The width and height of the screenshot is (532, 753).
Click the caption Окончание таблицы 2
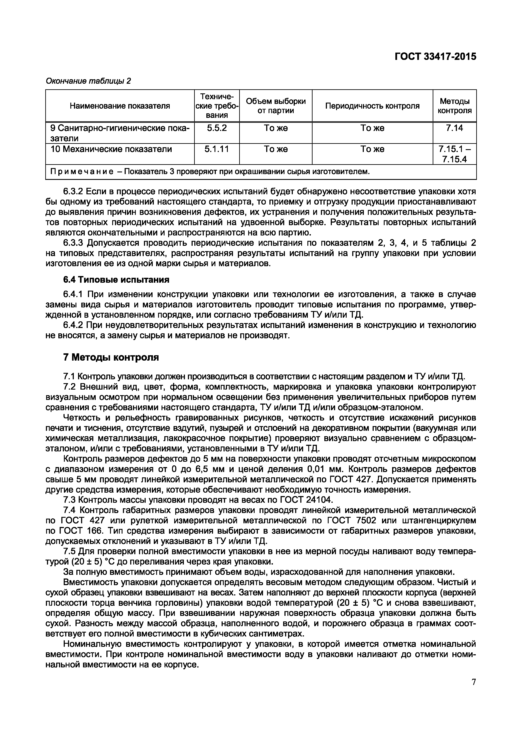click(x=88, y=81)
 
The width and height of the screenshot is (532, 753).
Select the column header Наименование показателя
click(x=120, y=106)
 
